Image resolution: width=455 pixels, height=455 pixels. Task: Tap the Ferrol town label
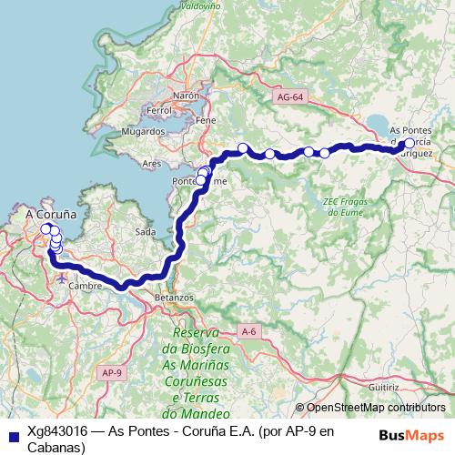coord(158,110)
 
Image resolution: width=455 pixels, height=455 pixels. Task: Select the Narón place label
coord(186,95)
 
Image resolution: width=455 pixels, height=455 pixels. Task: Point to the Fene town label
coord(206,119)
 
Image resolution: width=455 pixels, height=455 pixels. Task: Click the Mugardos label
coord(143,132)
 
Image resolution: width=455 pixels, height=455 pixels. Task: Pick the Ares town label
coord(151,164)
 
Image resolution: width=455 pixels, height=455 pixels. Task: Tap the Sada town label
coord(145,233)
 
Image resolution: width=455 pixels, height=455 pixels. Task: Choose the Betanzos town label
coord(175,298)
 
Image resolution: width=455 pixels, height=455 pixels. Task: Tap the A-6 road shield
coord(249,331)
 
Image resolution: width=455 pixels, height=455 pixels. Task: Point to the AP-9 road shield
coord(112,373)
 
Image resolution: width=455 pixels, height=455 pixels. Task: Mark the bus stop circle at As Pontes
coord(409,143)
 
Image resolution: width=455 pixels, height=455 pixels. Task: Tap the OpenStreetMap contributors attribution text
coord(376,408)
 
